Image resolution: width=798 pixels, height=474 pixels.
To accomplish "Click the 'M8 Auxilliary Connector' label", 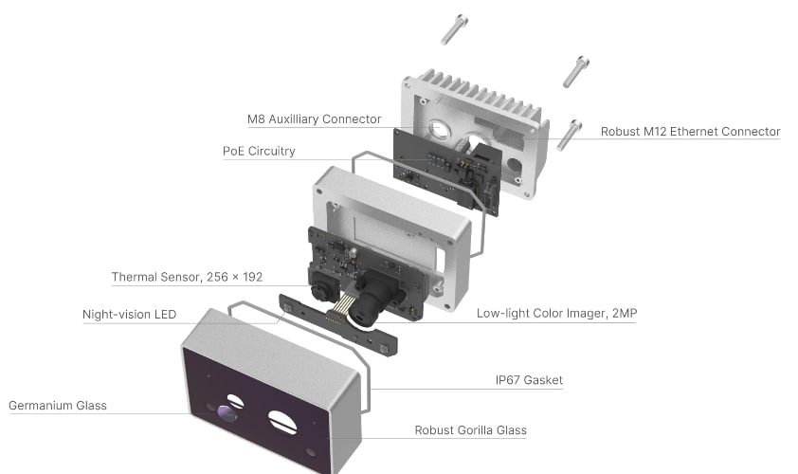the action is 314,119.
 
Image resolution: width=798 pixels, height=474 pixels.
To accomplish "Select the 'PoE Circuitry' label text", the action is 259,152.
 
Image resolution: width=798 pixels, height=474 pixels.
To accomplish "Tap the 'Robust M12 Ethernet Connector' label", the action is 690,132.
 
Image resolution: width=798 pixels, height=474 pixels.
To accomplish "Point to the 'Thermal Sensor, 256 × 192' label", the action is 187,277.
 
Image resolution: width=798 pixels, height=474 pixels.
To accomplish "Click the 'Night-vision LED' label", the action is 129,314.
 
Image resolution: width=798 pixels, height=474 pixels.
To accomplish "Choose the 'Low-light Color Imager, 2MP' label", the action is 556,313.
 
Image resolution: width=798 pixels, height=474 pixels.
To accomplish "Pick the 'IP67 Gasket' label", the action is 529,380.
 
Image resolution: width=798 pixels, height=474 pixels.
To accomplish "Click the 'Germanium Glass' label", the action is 58,406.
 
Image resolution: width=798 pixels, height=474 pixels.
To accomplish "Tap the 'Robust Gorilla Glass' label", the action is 470,430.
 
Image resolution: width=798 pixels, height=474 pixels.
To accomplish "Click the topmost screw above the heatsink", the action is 454,29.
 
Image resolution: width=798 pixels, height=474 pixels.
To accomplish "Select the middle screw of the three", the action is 575,72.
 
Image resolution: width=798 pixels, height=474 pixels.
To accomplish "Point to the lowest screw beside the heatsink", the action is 569,136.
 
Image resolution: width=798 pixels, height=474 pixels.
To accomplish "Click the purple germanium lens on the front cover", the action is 227,413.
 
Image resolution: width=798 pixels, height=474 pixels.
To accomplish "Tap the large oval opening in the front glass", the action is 282,422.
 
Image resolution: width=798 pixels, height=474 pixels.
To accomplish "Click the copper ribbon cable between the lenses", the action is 339,309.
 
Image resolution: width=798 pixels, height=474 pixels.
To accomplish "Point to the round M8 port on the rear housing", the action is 439,129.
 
